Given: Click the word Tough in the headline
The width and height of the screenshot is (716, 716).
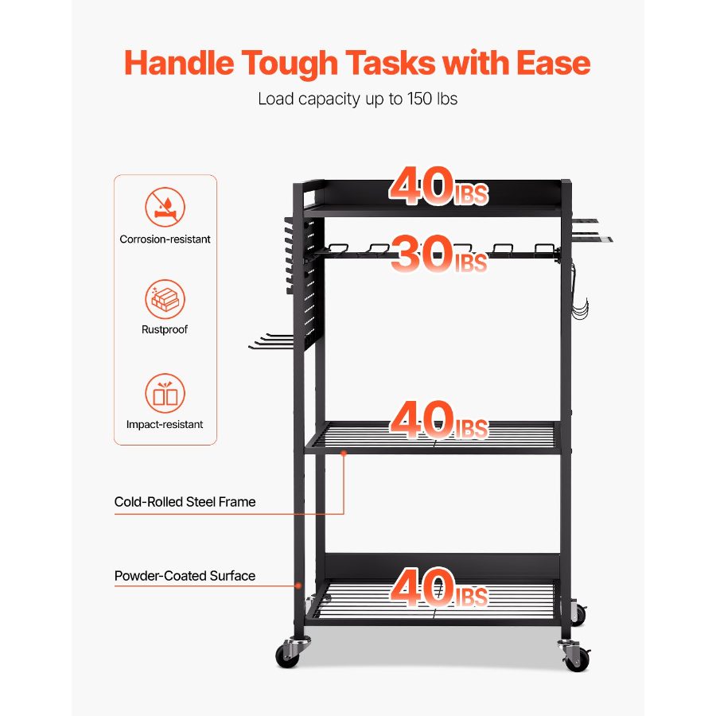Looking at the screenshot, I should [x=287, y=63].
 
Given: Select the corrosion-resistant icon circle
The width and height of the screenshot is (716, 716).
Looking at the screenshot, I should [x=165, y=207].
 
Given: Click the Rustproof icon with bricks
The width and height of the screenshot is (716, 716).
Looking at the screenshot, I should [x=165, y=300].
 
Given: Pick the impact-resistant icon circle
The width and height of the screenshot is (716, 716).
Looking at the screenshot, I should [x=165, y=393].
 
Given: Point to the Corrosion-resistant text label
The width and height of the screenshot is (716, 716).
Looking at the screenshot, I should [x=165, y=239].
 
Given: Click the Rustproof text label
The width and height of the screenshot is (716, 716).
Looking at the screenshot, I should [x=165, y=329].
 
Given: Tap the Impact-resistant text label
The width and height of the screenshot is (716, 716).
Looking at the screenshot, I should [x=165, y=424].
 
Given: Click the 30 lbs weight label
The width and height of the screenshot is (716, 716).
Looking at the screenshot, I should [x=438, y=255].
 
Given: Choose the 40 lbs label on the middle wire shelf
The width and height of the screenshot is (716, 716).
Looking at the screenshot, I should [x=438, y=421].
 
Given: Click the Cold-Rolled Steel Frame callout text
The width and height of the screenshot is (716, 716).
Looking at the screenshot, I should [x=185, y=501].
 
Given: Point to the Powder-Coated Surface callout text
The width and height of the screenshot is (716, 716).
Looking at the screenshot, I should [x=185, y=575].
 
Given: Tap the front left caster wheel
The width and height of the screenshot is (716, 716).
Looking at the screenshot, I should [x=288, y=655].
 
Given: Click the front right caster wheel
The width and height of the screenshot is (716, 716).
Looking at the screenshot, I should [x=577, y=657].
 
